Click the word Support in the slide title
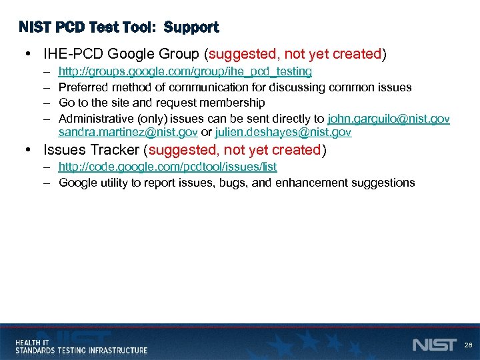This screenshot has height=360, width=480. click(191, 27)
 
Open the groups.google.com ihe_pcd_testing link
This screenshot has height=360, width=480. click(185, 71)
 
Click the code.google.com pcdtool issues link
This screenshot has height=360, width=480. click(167, 167)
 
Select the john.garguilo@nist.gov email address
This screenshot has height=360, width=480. click(389, 119)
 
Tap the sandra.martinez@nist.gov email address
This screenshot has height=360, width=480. click(127, 133)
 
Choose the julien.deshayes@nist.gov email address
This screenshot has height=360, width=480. click(283, 133)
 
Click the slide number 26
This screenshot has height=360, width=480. click(468, 345)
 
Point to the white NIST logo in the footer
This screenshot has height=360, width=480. click(434, 345)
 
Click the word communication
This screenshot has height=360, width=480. click(210, 87)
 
